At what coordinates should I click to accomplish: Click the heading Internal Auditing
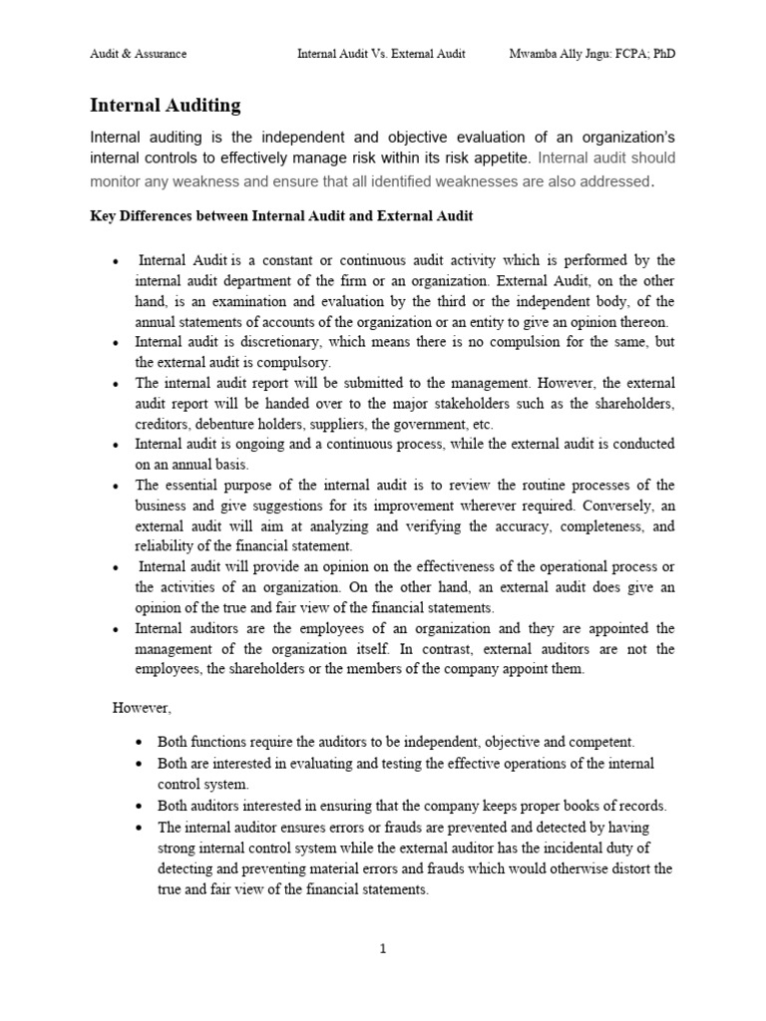(x=165, y=105)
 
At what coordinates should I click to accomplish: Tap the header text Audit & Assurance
(x=138, y=54)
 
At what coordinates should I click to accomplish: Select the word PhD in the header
(x=660, y=54)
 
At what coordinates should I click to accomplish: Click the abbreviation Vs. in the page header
(x=379, y=54)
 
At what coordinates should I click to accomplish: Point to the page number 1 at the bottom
(x=382, y=948)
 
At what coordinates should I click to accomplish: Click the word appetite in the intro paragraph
(x=499, y=158)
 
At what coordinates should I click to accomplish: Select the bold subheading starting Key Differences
(x=281, y=215)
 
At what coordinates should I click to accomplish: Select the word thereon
(x=640, y=321)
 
